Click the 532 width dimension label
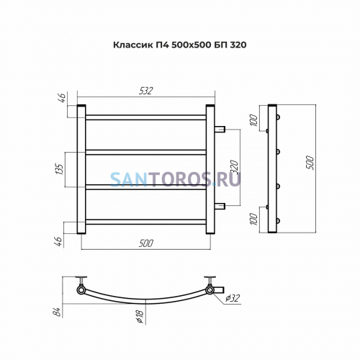click(145, 91)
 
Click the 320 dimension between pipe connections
click(235, 167)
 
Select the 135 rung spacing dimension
click(60, 169)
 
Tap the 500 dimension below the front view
click(145, 243)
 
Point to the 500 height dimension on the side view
click(310, 163)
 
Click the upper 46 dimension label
click(62, 98)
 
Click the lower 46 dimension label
click(59, 242)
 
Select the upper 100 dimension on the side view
click(254, 120)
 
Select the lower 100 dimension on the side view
click(254, 219)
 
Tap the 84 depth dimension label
click(58, 312)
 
